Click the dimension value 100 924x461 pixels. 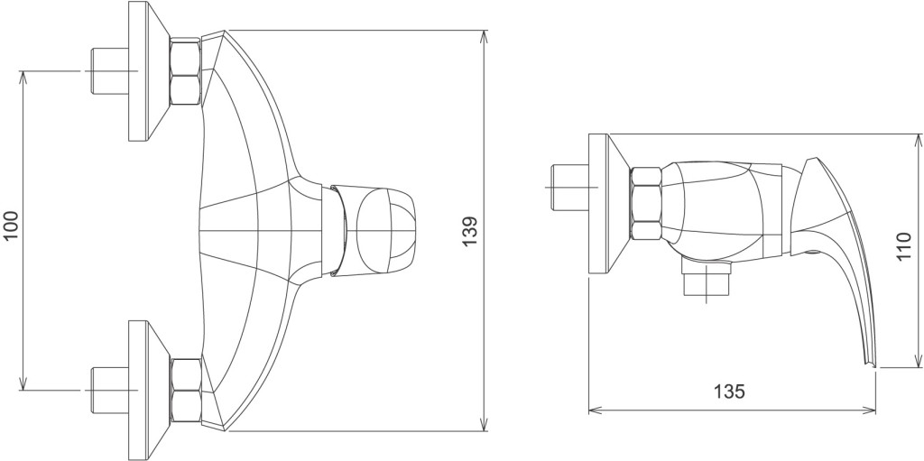[12, 226]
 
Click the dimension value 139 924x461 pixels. [469, 232]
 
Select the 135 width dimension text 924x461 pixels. [729, 391]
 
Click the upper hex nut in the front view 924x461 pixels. [185, 72]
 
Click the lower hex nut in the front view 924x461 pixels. [185, 391]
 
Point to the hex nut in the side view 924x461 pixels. [646, 203]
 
